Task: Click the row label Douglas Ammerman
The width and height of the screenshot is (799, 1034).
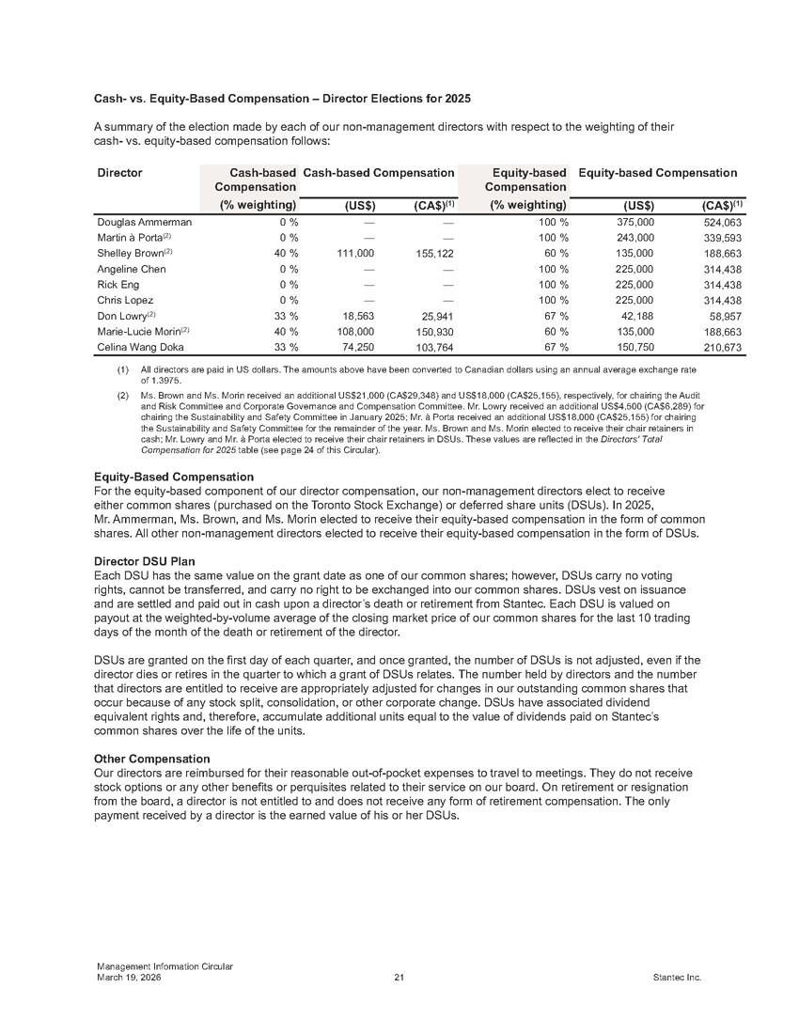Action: (x=145, y=223)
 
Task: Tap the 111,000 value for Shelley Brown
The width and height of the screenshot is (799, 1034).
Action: (x=355, y=254)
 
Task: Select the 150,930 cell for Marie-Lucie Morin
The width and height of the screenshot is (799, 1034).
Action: (x=435, y=331)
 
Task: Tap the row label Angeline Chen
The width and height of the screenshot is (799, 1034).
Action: (x=132, y=269)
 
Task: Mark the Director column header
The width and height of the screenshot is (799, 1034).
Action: (x=120, y=173)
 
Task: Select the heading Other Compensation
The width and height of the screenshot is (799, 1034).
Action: (x=150, y=758)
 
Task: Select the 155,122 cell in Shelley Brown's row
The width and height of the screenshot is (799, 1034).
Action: (x=435, y=254)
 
